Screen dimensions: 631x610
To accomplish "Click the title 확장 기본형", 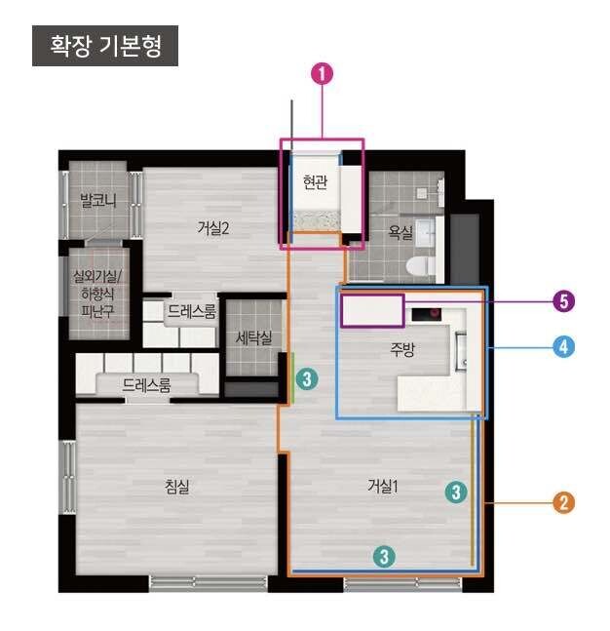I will pyautogui.click(x=105, y=46).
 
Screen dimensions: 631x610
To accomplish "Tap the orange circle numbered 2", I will pyautogui.click(x=562, y=503).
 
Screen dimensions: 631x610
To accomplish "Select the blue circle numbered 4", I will pyautogui.click(x=562, y=345).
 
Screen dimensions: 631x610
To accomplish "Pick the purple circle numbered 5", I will pyautogui.click(x=562, y=302).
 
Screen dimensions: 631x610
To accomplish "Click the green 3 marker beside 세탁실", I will pyautogui.click(x=306, y=379).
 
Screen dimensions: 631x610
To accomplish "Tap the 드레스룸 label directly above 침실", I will pyautogui.click(x=146, y=385).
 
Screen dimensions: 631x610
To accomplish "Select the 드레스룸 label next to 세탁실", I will pyautogui.click(x=191, y=312).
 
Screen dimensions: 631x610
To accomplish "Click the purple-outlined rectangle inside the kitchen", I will pyautogui.click(x=371, y=310).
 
